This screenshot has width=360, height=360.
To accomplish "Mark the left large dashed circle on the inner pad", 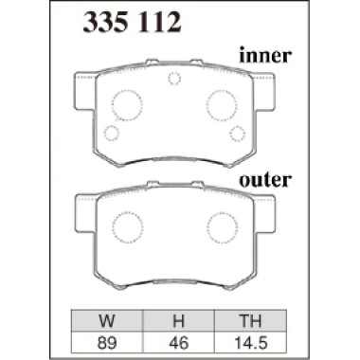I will click(126, 101).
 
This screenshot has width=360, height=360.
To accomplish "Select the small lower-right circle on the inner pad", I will click(237, 133).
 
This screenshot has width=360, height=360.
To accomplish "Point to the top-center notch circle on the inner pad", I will click(173, 80).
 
